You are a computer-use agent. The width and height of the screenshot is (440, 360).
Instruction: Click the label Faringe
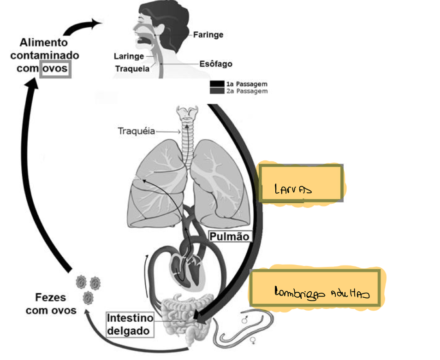click(x=208, y=35)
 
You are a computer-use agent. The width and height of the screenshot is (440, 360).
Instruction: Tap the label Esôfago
click(x=215, y=64)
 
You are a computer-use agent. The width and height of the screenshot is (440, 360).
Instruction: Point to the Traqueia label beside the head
click(x=132, y=69)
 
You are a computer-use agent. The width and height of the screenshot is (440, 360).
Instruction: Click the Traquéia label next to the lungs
click(x=136, y=131)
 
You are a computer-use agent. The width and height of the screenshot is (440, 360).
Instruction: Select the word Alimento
click(x=44, y=42)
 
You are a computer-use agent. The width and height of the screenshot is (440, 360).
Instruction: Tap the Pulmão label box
click(x=230, y=236)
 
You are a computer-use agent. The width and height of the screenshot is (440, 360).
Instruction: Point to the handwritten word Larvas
click(x=292, y=189)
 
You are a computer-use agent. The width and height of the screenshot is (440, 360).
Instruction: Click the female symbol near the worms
click(x=253, y=342)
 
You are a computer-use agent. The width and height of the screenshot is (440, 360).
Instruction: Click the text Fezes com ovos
click(x=51, y=304)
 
